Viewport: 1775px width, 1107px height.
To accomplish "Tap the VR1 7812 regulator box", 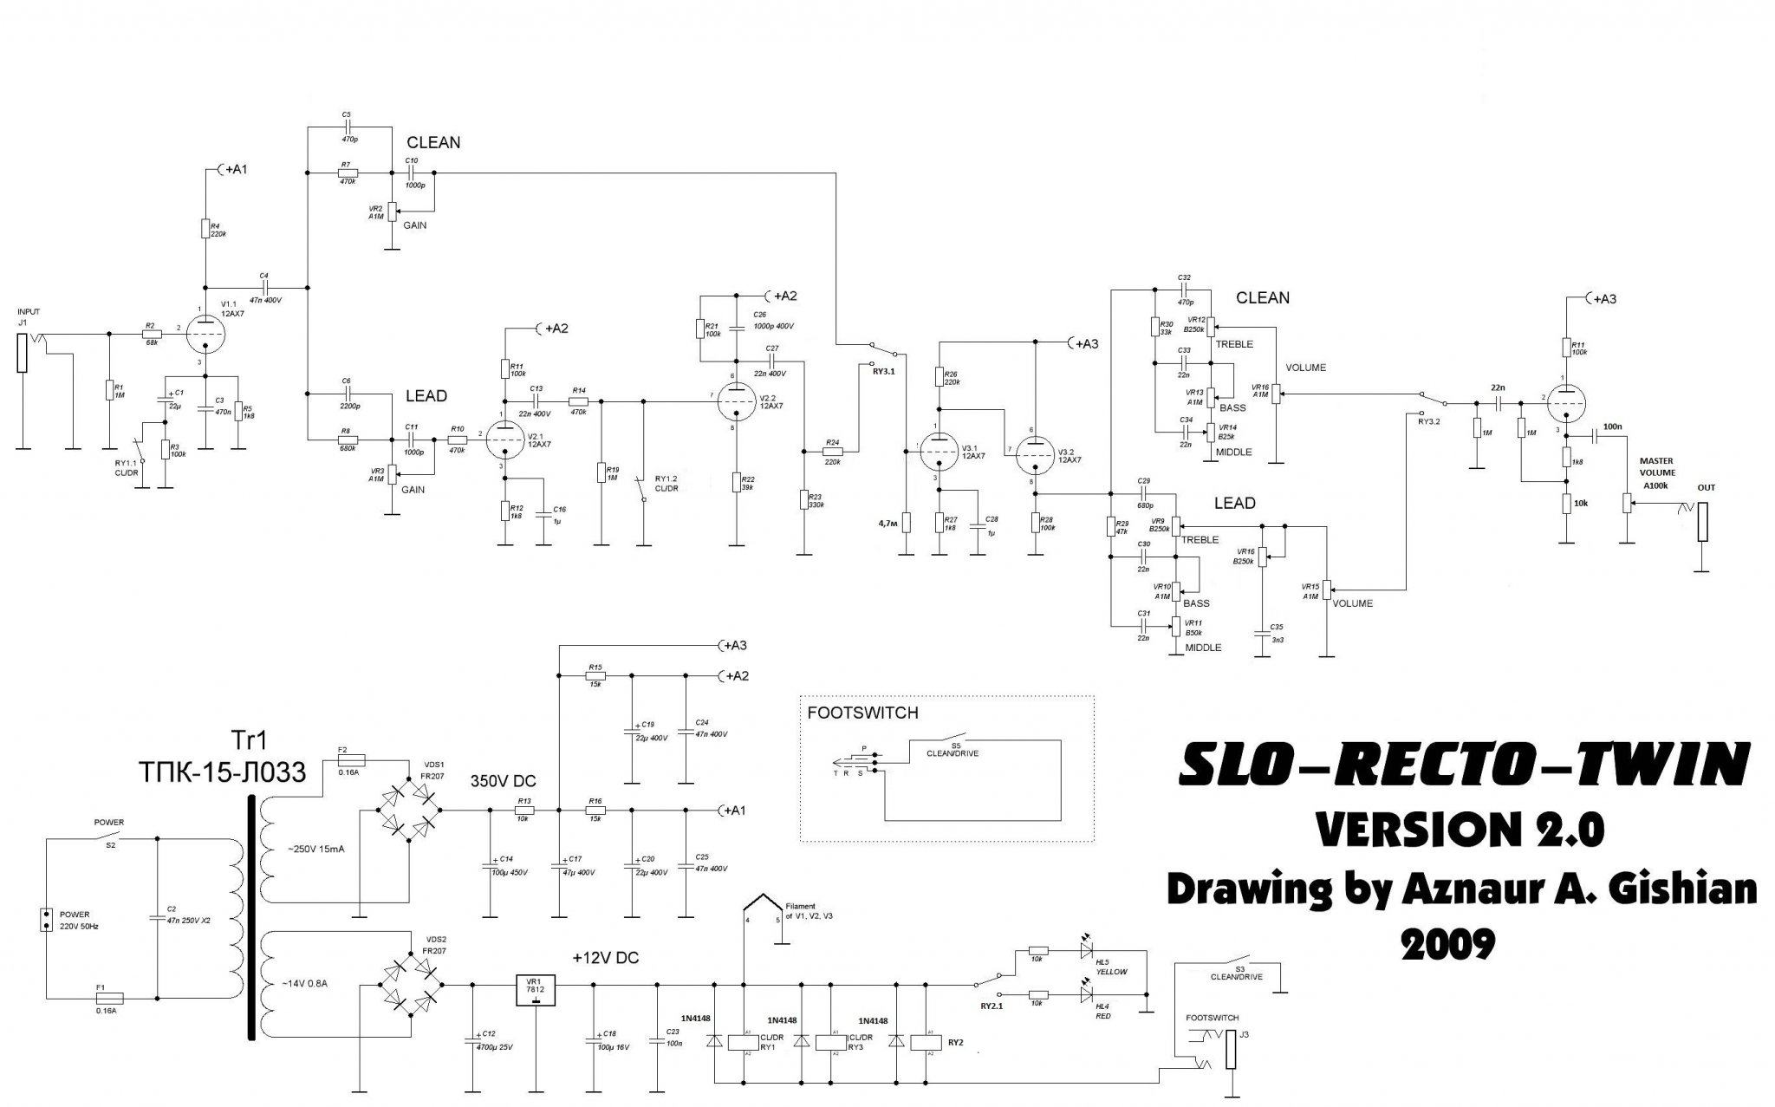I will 535,991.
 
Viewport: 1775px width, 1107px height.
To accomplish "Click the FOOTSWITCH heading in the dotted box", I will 862,714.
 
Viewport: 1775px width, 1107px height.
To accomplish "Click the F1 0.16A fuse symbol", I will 111,998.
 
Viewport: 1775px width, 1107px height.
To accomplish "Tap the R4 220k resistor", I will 205,229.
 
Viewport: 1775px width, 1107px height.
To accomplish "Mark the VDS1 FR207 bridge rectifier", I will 408,810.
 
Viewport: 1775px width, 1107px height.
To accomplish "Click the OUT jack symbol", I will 1703,520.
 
